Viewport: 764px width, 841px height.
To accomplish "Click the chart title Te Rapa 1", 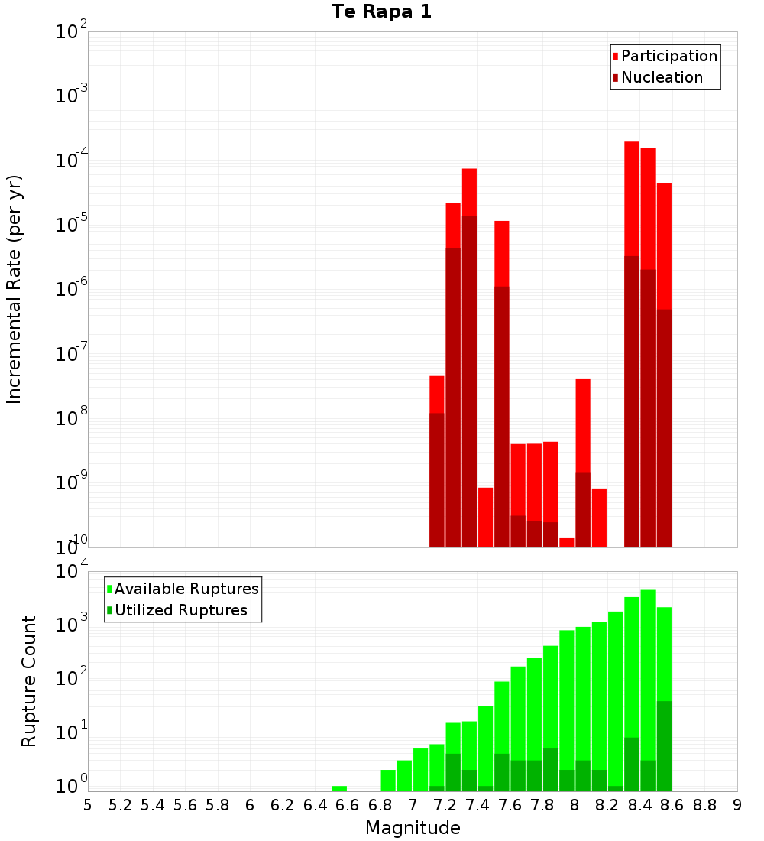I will [x=381, y=11].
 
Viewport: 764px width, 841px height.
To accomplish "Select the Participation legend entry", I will [x=665, y=56].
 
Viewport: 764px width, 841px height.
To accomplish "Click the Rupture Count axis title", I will [x=29, y=680].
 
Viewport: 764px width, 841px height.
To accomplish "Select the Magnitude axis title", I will [x=413, y=827].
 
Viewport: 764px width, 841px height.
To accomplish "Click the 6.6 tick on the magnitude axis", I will [x=348, y=805].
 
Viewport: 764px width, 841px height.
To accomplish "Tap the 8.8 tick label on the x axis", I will [x=704, y=805].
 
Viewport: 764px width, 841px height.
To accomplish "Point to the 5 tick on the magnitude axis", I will [x=88, y=805].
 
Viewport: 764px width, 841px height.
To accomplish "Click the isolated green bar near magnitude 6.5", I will [x=339, y=788].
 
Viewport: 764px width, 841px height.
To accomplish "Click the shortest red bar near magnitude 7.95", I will [x=566, y=543].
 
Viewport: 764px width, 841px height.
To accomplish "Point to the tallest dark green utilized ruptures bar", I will [x=664, y=745].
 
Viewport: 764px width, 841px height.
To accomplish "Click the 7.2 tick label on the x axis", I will [x=445, y=805].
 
